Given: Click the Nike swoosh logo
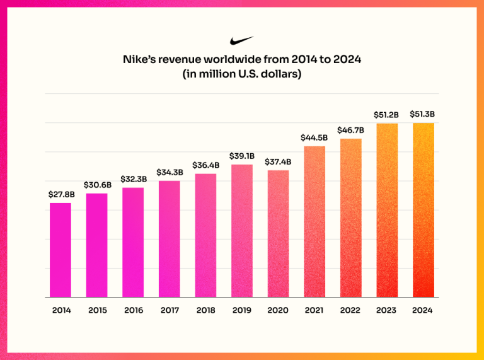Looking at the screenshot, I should coord(242,41).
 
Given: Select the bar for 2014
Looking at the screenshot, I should coord(60,250).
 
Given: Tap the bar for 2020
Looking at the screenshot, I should coord(278,233).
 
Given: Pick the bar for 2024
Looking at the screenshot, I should coord(423,210).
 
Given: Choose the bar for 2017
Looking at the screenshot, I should coord(169,239).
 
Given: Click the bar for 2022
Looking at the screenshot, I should coord(351,218).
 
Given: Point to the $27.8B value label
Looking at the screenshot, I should coord(60,195).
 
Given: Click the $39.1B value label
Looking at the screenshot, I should coord(242,156).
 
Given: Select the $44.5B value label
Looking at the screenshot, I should coord(314,138).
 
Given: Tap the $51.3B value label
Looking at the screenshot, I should coord(423,115).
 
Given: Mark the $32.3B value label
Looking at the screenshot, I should coord(133,180).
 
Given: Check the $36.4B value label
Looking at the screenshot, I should coord(205,165).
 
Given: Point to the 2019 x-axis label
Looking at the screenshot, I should coord(242,310).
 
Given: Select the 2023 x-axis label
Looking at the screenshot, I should coord(387,310).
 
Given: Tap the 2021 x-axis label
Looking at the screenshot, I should coord(314,310).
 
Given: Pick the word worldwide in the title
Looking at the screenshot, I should coord(229,61).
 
